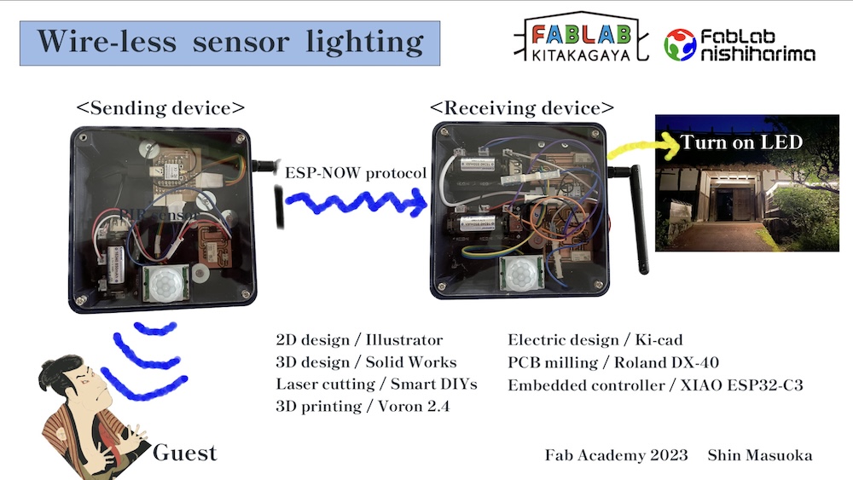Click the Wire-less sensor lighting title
tap(229, 43)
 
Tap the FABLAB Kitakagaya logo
tap(583, 40)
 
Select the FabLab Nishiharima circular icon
tap(680, 44)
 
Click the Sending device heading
tap(160, 108)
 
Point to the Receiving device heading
tap(521, 108)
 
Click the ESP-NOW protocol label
tap(356, 173)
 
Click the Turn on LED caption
tap(740, 142)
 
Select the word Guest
tap(184, 452)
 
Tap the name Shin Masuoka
tap(760, 454)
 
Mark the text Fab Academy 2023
tap(616, 454)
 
